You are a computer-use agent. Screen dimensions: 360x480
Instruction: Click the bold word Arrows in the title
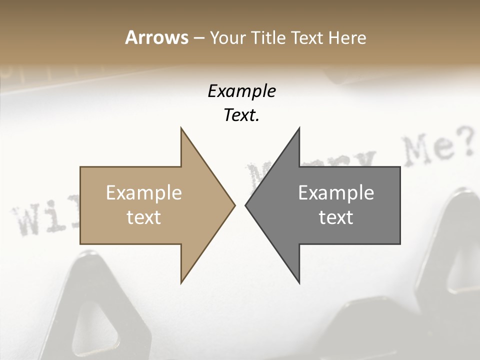coord(156,37)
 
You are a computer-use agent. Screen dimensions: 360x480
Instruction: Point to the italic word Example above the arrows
coord(241,91)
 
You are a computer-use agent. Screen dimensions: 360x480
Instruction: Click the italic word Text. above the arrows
coord(241,115)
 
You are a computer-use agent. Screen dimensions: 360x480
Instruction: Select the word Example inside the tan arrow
coord(144,192)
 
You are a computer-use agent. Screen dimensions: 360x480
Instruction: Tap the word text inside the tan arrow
coord(144,217)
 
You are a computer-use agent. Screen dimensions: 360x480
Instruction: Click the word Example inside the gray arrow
coord(336,192)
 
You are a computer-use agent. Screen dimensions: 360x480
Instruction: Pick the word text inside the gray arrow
coord(336,217)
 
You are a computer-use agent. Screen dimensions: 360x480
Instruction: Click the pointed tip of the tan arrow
coord(234,205)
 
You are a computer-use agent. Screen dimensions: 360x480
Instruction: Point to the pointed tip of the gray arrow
coord(246,205)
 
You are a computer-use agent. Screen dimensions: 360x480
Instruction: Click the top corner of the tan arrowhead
coord(181,128)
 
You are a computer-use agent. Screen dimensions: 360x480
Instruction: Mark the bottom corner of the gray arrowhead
coord(299,283)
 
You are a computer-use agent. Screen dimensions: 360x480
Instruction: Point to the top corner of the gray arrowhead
coord(299,128)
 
